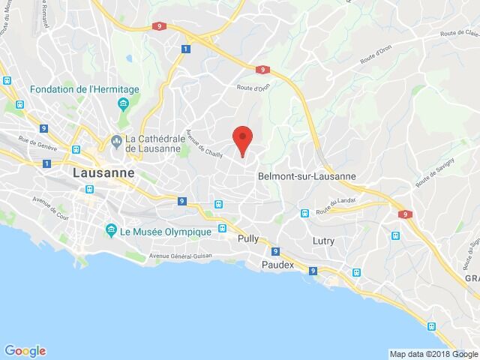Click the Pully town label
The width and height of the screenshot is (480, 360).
(x=247, y=241)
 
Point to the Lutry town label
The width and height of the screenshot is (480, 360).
(x=323, y=241)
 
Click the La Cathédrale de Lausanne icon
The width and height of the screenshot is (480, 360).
(x=117, y=140)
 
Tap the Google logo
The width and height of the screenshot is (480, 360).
(x=25, y=350)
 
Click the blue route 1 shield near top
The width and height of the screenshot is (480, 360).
(x=184, y=49)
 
